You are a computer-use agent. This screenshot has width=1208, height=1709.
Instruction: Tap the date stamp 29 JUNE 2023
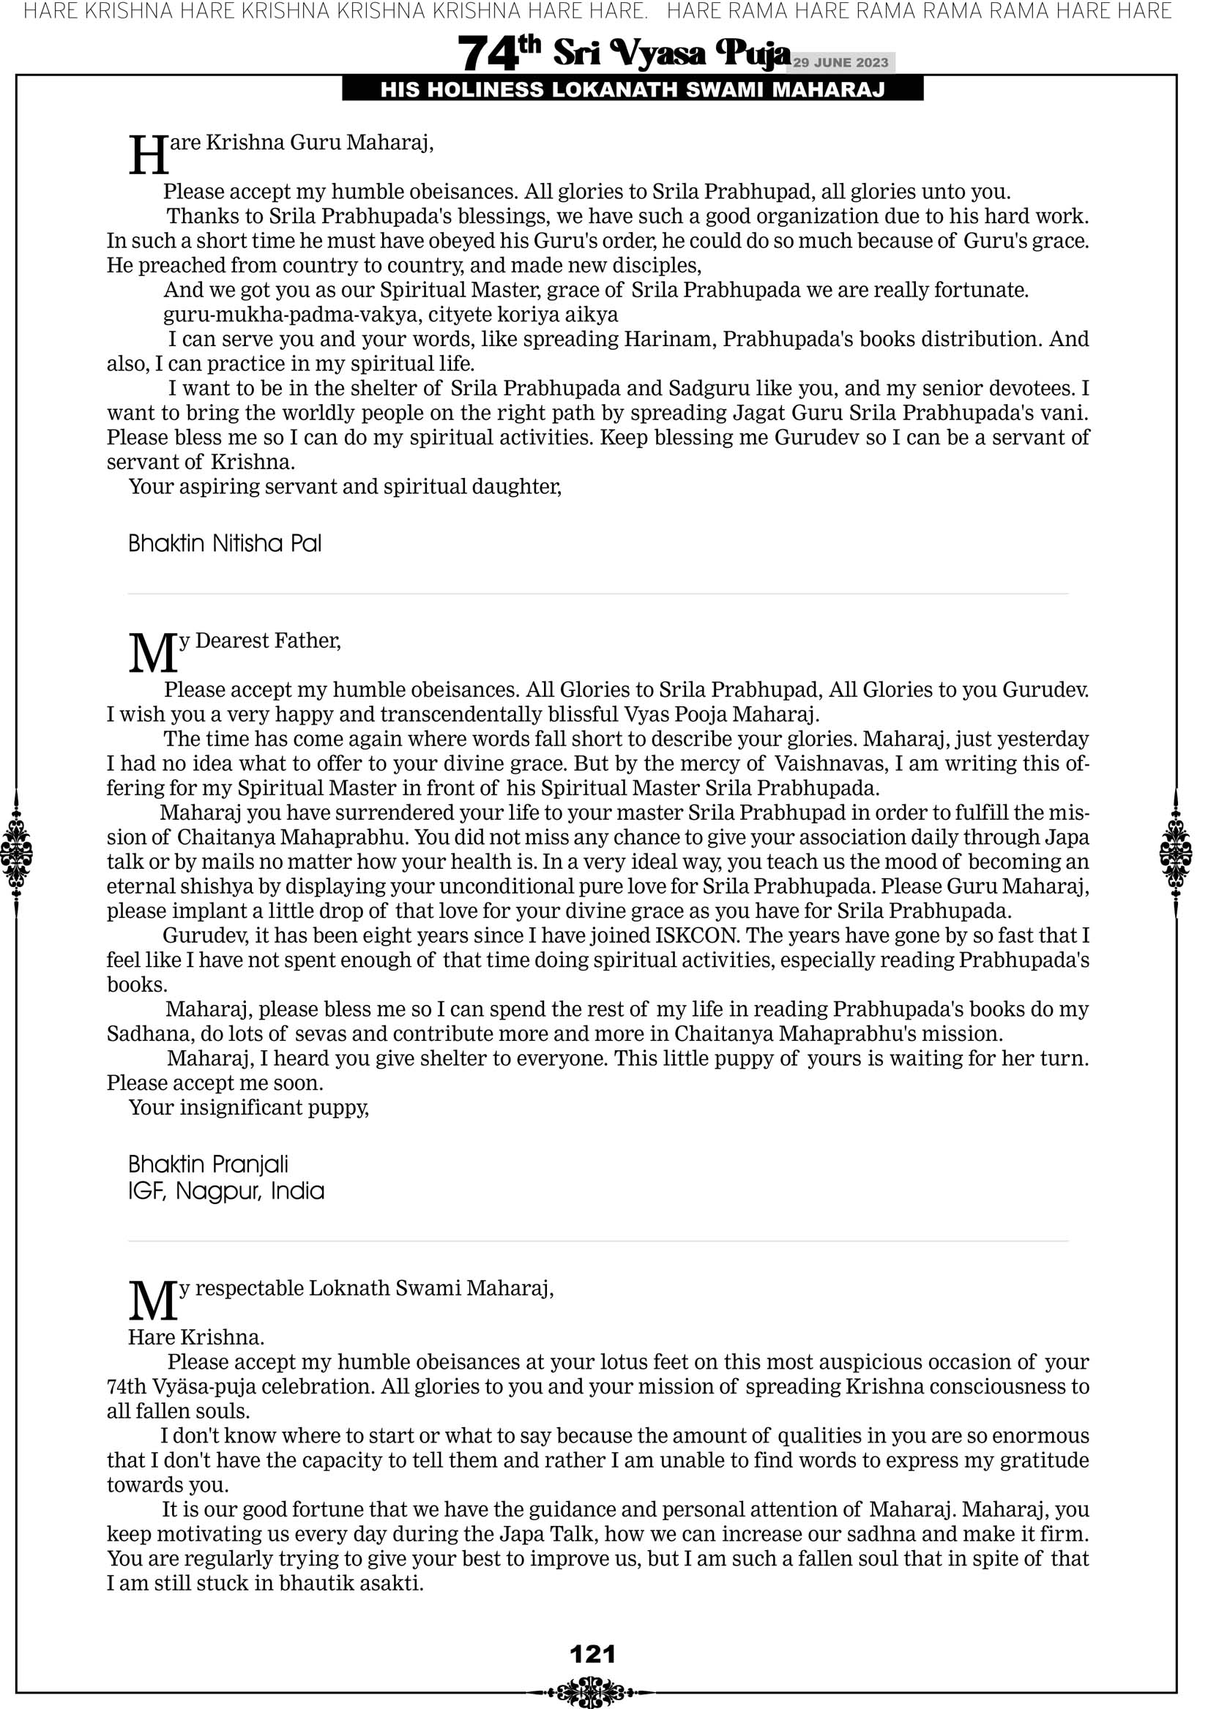pyautogui.click(x=840, y=62)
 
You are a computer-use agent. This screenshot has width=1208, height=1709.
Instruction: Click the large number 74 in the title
pyautogui.click(x=486, y=54)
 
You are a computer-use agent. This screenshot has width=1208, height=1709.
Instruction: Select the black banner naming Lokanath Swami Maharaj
pyautogui.click(x=633, y=90)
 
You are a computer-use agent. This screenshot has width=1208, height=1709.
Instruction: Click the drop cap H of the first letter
pyautogui.click(x=149, y=157)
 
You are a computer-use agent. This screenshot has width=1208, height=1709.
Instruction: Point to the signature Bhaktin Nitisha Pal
pyautogui.click(x=225, y=543)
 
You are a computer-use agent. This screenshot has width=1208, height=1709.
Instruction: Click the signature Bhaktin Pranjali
pyautogui.click(x=208, y=1164)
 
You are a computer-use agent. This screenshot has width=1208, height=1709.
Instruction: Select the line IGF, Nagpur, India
pyautogui.click(x=226, y=1191)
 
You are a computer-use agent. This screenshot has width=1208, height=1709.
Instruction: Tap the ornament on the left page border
pyautogui.click(x=15, y=853)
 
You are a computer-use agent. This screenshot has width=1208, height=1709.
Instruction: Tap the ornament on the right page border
pyautogui.click(x=1176, y=853)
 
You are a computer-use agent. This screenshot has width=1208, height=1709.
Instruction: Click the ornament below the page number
pyautogui.click(x=592, y=1691)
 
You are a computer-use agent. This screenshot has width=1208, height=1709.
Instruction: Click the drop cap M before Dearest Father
pyautogui.click(x=153, y=653)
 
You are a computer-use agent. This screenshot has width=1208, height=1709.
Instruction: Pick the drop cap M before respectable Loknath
pyautogui.click(x=153, y=1301)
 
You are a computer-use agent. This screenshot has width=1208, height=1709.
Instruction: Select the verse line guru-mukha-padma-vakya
pyautogui.click(x=390, y=315)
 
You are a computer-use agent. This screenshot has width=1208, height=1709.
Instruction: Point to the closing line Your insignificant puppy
pyautogui.click(x=249, y=1107)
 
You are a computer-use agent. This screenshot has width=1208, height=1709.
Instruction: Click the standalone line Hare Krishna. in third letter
pyautogui.click(x=196, y=1338)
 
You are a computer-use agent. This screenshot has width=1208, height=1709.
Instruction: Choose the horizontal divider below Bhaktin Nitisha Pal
pyautogui.click(x=598, y=594)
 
